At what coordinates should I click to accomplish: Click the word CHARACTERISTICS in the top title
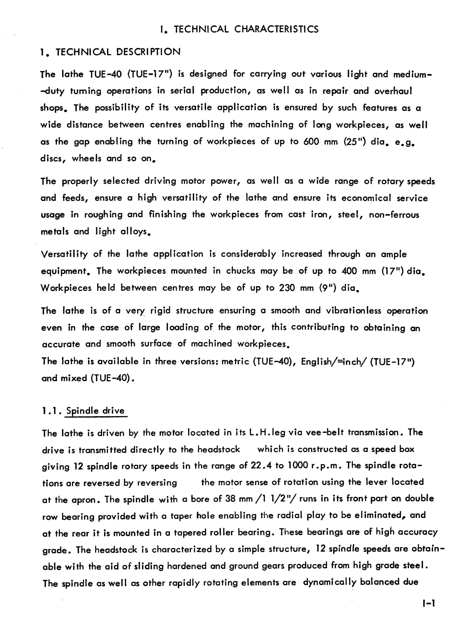pos(276,29)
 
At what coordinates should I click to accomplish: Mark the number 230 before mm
pos(287,288)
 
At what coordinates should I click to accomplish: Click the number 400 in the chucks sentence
pos(349,271)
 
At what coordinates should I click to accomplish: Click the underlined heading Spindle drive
pos(95,411)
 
